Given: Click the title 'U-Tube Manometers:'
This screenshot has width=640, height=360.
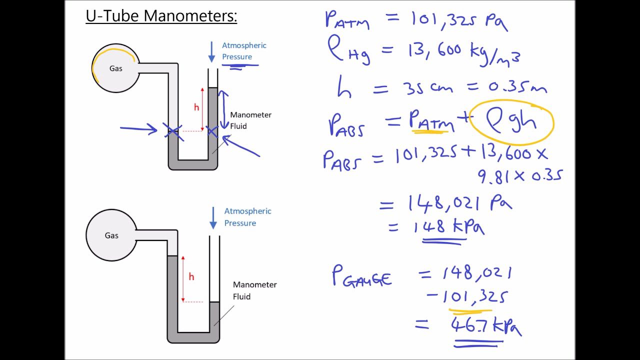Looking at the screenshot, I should (x=161, y=16).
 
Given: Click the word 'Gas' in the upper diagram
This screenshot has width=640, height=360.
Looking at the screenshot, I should (x=115, y=68).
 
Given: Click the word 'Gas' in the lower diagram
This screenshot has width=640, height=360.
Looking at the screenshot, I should (x=111, y=235).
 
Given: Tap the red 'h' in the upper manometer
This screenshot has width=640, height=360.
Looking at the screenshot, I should (x=196, y=107).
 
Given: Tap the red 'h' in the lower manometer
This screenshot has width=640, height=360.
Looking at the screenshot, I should (x=191, y=277).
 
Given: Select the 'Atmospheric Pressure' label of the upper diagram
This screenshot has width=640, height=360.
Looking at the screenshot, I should (x=244, y=51).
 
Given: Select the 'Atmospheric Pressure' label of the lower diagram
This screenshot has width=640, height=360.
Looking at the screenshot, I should (x=247, y=217).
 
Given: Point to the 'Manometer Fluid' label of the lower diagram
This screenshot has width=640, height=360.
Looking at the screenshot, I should (x=254, y=290).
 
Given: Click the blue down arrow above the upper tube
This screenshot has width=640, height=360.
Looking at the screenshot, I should (x=211, y=52).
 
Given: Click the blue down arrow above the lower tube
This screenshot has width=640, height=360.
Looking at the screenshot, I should (x=213, y=218).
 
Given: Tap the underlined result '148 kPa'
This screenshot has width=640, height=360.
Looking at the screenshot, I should (x=448, y=227).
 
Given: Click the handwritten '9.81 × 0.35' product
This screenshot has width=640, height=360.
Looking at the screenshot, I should (x=520, y=175).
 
